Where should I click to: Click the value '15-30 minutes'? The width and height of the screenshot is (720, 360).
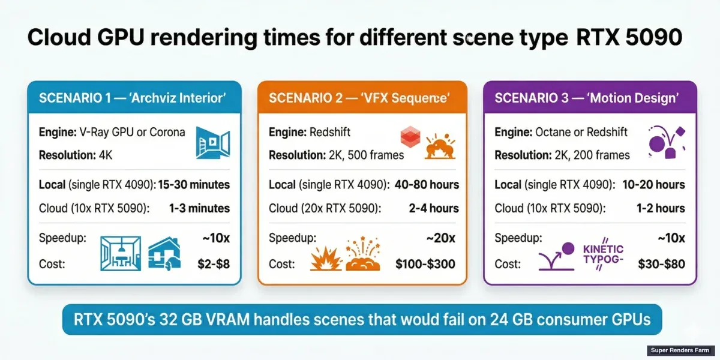[x=194, y=185]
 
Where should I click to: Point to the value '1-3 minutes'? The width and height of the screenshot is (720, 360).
[x=200, y=208]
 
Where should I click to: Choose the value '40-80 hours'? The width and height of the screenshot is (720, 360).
[x=427, y=185]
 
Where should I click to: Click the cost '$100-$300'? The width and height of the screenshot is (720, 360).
[x=425, y=264]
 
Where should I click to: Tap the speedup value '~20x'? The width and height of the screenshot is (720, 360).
[x=440, y=238]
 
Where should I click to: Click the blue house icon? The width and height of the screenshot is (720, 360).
[x=163, y=252]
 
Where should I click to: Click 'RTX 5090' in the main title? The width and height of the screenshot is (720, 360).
[x=629, y=37]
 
